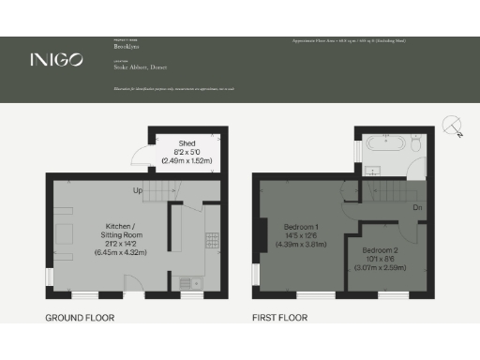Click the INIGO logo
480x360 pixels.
pyautogui.click(x=55, y=60)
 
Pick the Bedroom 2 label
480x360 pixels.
pyautogui.click(x=381, y=250)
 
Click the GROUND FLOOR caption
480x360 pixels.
pyautogui.click(x=80, y=318)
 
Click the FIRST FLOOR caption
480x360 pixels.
pyautogui.click(x=281, y=318)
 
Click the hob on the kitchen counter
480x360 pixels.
pyautogui.click(x=213, y=247)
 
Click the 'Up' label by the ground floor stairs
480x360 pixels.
pyautogui.click(x=138, y=191)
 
